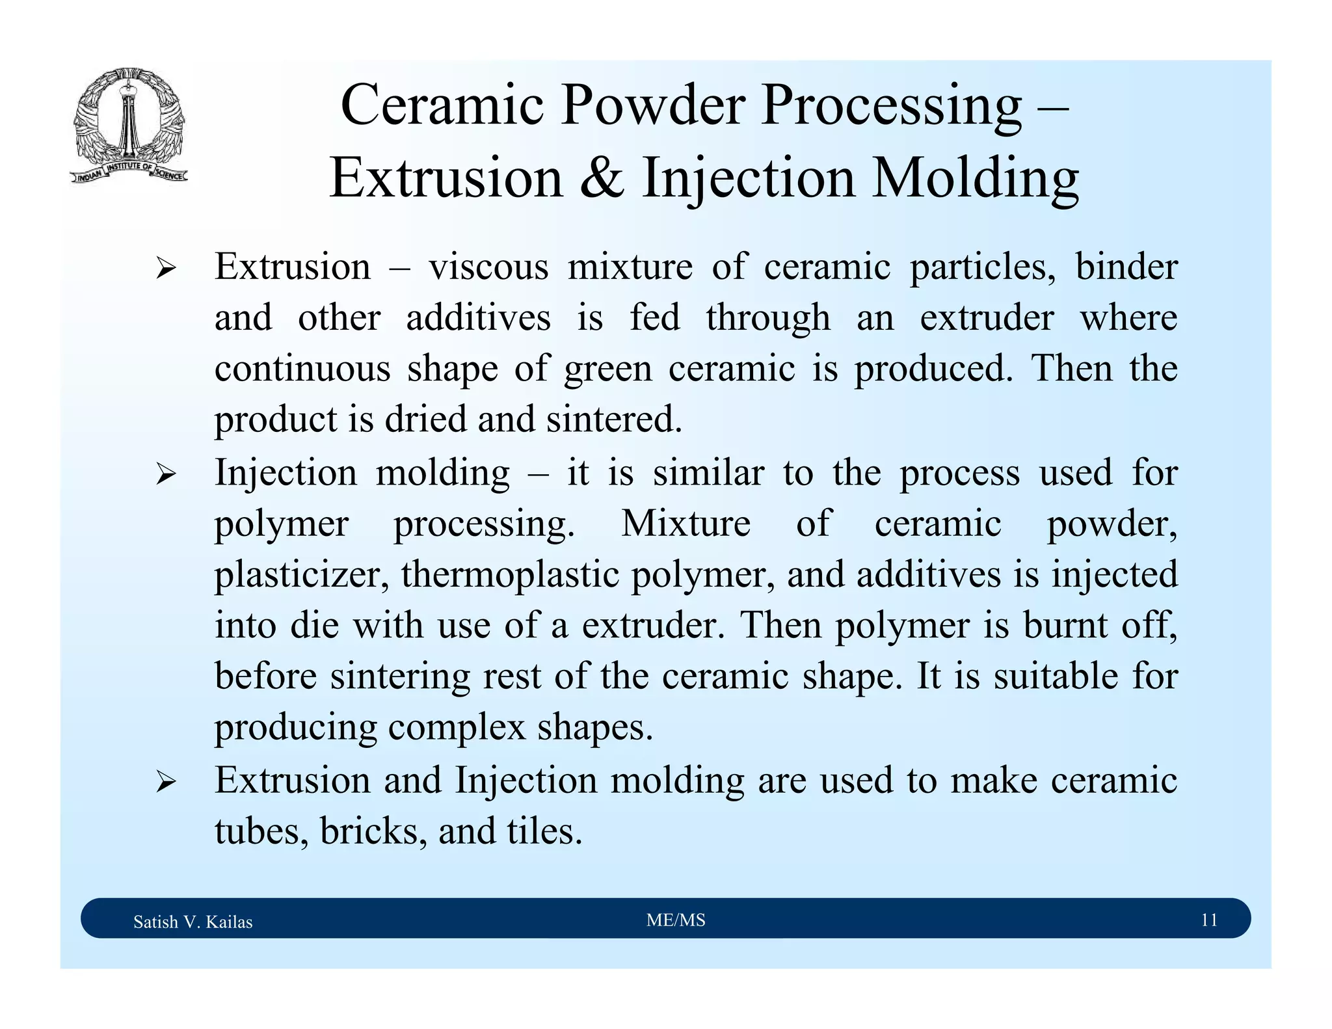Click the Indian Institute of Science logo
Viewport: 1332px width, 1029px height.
tap(129, 126)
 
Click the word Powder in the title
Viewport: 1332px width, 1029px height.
tap(652, 105)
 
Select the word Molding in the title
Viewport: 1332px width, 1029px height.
tap(975, 179)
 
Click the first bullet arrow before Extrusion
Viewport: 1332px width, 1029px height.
tap(166, 268)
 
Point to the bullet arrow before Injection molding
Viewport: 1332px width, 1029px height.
tap(166, 474)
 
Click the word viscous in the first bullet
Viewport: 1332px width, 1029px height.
tap(488, 267)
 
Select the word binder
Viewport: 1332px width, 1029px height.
tap(1126, 267)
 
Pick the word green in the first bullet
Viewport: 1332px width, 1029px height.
tap(607, 369)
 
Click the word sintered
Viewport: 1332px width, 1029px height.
tap(614, 420)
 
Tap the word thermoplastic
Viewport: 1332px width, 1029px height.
tap(510, 575)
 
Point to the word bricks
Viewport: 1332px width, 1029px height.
tap(373, 831)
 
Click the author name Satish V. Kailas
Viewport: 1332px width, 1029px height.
tap(193, 922)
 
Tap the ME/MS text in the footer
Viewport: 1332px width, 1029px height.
tap(676, 920)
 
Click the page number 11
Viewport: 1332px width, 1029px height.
tap(1208, 920)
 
